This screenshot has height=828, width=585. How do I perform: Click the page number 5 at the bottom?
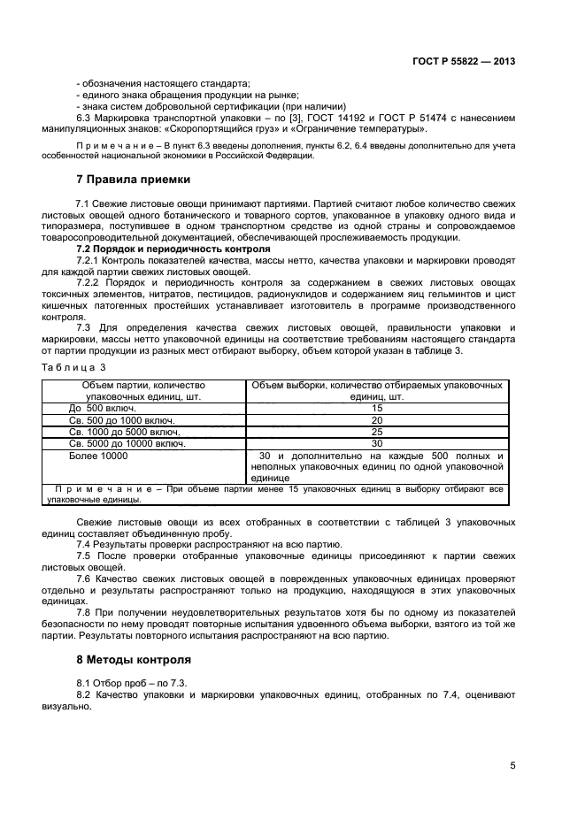coord(512,766)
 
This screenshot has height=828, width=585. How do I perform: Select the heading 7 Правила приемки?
coord(133,179)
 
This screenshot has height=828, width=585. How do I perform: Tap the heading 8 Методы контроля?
coord(134,659)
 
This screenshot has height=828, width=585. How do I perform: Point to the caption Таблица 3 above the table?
coord(73,365)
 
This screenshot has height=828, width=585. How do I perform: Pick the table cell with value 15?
coord(377,408)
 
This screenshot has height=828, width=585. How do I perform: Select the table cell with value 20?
coord(377,420)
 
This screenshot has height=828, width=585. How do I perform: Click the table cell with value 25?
coord(377,432)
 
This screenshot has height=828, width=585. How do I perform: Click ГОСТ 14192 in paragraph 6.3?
coord(342,118)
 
